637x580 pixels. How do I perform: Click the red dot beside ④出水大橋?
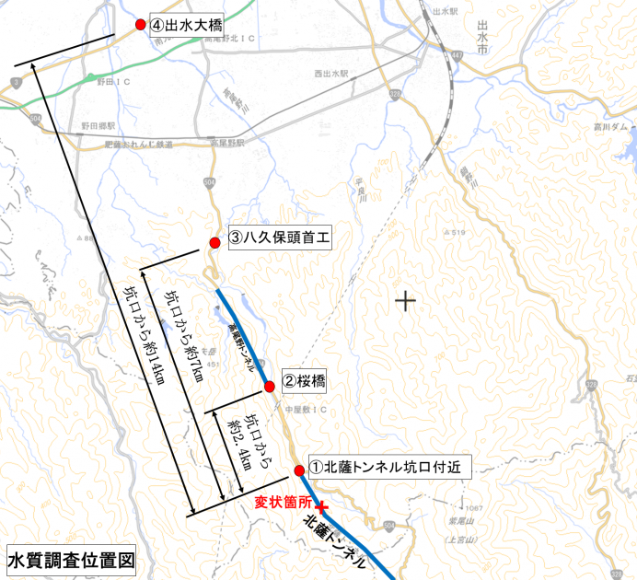pyautogui.click(x=141, y=25)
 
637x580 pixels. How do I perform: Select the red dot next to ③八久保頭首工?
pyautogui.click(x=214, y=242)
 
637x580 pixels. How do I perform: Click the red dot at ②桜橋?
pyautogui.click(x=270, y=386)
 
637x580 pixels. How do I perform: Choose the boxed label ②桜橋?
pyautogui.click(x=305, y=379)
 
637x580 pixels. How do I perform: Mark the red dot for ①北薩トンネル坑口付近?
pyautogui.click(x=300, y=471)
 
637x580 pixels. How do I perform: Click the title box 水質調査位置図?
pyautogui.click(x=71, y=559)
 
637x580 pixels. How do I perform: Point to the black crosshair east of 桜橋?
pyautogui.click(x=404, y=300)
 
